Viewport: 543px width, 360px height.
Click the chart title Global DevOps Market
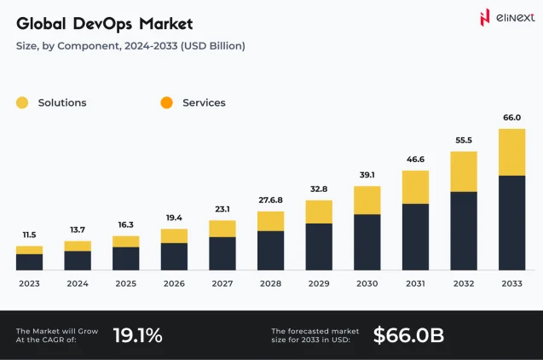pos(104,23)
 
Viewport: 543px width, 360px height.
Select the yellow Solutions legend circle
pos(22,103)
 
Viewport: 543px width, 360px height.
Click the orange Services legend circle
pos(167,103)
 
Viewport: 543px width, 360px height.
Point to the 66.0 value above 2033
pos(511,118)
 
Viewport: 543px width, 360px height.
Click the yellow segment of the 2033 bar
pos(511,152)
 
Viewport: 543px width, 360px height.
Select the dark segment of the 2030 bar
pos(367,241)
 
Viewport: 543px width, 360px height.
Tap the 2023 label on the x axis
pos(29,283)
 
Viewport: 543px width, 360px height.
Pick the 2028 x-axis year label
pos(270,283)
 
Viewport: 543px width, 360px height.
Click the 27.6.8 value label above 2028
pos(270,200)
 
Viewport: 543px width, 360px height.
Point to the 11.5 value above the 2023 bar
pos(29,235)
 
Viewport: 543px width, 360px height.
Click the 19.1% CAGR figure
pos(137,335)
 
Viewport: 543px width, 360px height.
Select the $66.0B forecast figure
pos(408,335)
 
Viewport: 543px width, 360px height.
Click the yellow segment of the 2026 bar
pos(174,235)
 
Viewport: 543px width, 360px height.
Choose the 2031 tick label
pos(415,283)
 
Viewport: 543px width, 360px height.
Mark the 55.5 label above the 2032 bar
pos(463,140)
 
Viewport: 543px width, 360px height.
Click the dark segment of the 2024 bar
pos(78,260)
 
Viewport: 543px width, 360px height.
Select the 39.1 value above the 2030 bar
pos(367,175)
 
